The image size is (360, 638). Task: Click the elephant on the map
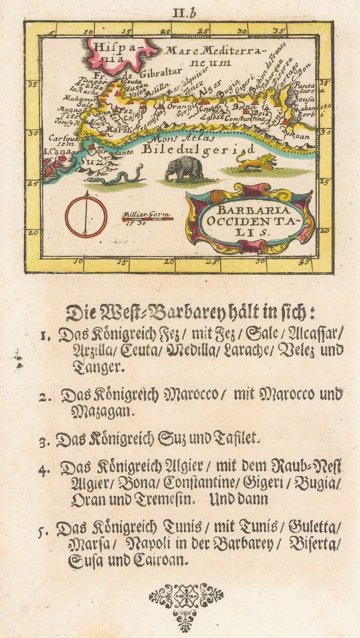coord(184,168)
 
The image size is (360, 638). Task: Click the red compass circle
coord(86,215)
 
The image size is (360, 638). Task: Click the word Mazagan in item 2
coord(95,412)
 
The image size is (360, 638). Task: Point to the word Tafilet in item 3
coord(233,439)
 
